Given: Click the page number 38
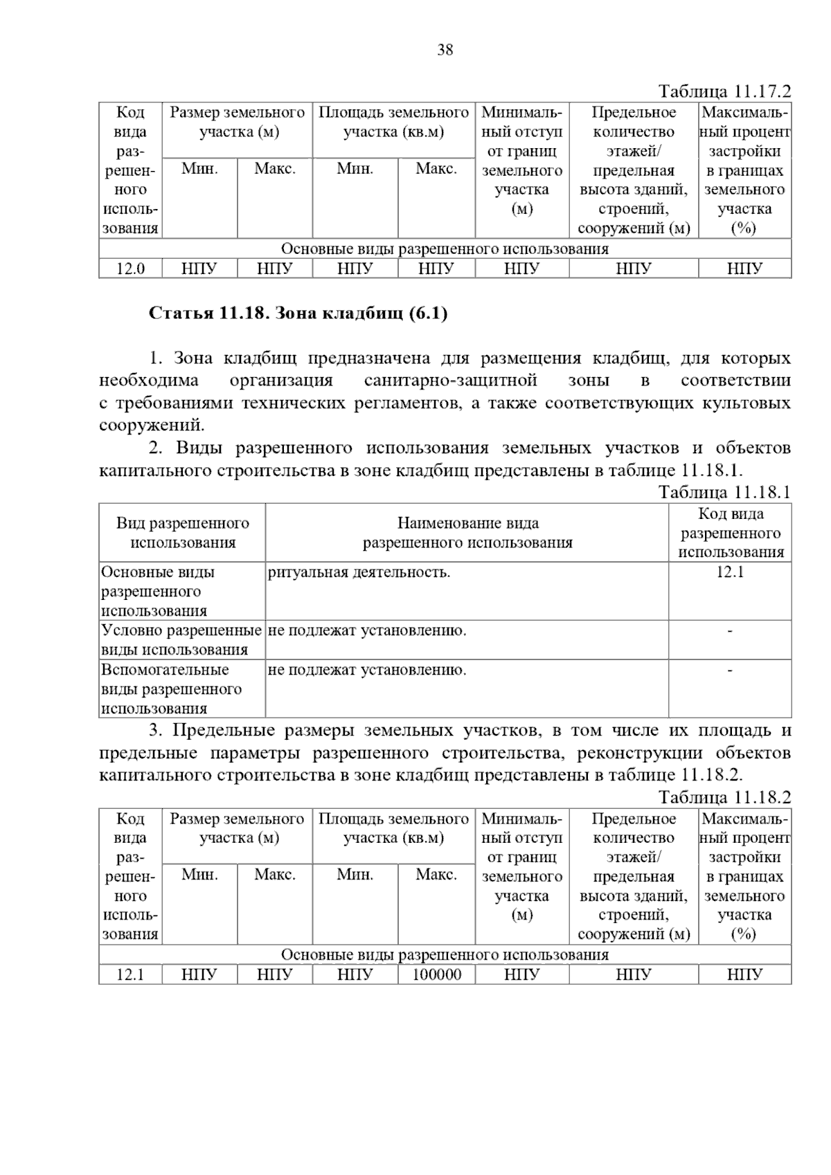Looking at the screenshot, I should point(445,50).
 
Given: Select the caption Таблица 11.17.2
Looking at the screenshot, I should point(724,92).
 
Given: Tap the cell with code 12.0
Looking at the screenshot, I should point(130,268).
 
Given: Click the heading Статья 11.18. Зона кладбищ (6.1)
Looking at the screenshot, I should point(298,313).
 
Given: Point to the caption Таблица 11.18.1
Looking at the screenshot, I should point(724,492).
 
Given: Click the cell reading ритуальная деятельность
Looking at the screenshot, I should point(359,572).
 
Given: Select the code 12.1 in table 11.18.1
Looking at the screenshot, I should point(730,572).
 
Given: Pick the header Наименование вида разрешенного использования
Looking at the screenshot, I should point(467,533).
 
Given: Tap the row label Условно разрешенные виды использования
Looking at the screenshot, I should point(181,640).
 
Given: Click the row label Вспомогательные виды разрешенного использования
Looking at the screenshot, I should point(172,689).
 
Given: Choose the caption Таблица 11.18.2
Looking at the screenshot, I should point(724,797).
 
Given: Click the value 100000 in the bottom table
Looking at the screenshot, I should point(436,974).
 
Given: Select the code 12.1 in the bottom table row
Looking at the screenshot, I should point(130,974).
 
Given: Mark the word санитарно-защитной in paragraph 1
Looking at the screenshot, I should point(450,381).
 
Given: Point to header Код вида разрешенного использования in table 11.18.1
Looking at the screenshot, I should point(730,533).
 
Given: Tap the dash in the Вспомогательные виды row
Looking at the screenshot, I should point(730,670).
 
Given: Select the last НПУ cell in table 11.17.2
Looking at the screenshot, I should point(744,268).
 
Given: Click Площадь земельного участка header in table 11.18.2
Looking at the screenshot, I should point(393,828).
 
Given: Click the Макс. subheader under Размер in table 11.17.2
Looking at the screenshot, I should point(275,169).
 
